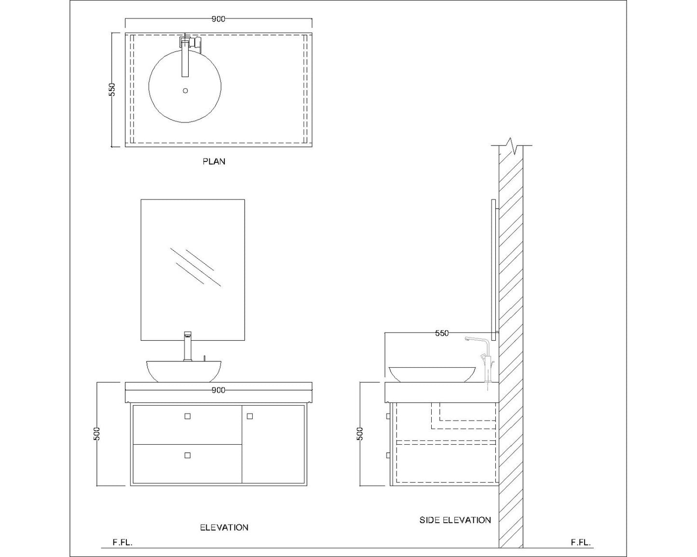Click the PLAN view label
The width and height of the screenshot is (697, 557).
tap(214, 161)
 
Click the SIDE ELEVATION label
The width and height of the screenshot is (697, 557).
tap(455, 520)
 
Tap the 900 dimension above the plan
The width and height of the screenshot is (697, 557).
tap(219, 19)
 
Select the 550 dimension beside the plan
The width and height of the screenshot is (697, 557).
tap(112, 90)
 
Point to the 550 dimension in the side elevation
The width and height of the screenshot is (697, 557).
tap(442, 333)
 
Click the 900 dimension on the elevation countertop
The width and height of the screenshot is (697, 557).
tap(219, 390)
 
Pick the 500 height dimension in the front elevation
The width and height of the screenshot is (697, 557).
tap(97, 434)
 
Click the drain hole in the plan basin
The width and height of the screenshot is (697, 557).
tap(185, 90)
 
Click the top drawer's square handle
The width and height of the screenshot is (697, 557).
tap(188, 416)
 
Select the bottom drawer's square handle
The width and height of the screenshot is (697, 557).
tap(188, 455)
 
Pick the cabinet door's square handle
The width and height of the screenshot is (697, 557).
tap(250, 416)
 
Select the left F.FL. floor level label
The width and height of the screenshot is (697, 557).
tap(123, 542)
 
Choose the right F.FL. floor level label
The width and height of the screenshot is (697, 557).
tap(581, 542)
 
